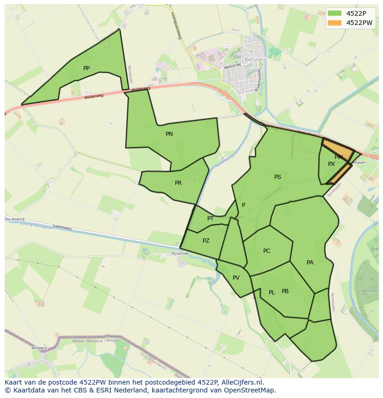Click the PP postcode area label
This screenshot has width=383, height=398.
pyautogui.click(x=86, y=68)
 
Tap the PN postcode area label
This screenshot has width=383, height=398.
pyautogui.click(x=169, y=134)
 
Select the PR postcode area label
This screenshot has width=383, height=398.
pyautogui.click(x=178, y=183)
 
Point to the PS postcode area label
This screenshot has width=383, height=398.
pyautogui.click(x=278, y=177)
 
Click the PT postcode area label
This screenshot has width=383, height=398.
pyautogui.click(x=210, y=219)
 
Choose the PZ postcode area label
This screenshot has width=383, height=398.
pyautogui.click(x=206, y=241)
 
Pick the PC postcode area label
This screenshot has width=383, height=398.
pyautogui.click(x=266, y=251)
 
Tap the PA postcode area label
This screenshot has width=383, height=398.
pyautogui.click(x=310, y=263)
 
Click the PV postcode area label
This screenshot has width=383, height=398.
pyautogui.click(x=236, y=278)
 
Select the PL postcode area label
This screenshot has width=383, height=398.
pyautogui.click(x=272, y=293)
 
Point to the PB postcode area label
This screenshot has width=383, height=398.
pyautogui.click(x=285, y=291)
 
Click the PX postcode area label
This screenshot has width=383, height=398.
pyautogui.click(x=331, y=164)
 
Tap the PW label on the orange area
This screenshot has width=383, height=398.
pyautogui.click(x=339, y=157)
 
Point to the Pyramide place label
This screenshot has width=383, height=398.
pyautogui.click(x=180, y=254)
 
